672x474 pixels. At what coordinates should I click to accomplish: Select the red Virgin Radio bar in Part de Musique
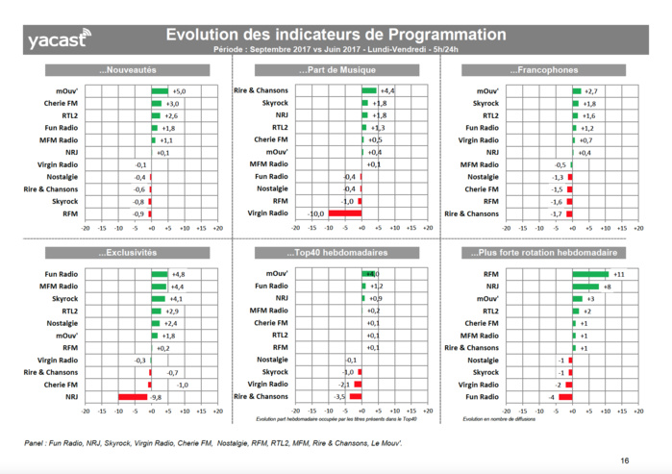point(344,212)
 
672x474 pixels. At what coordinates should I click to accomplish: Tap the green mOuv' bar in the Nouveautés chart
point(160,91)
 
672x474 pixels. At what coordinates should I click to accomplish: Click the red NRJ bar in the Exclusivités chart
point(134,396)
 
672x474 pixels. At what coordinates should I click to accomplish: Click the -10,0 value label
point(314,212)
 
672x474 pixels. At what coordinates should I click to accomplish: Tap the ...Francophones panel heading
point(546,70)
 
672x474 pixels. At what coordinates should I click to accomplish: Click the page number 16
point(625,461)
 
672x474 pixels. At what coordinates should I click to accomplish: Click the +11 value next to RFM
point(620,274)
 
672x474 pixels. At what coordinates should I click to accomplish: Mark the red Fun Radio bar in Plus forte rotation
point(565,396)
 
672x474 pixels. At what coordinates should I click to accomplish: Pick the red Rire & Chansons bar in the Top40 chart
point(356,396)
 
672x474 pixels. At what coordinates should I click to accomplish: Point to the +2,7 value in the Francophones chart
point(592,90)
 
